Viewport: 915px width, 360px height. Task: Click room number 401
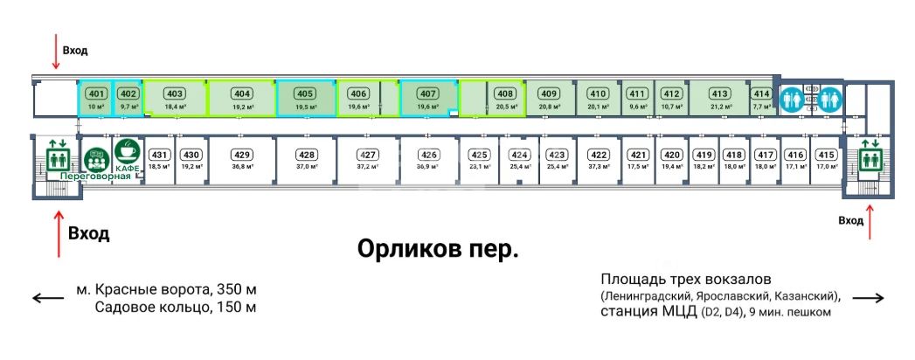(x=98, y=93)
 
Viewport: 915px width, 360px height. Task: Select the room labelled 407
(x=428, y=93)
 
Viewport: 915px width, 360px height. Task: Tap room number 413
(x=719, y=93)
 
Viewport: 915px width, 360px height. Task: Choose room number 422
(x=598, y=155)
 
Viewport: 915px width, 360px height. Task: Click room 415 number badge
(x=827, y=155)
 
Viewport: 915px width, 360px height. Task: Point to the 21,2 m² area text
(x=719, y=107)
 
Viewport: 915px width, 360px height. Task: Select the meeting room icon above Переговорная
(x=96, y=160)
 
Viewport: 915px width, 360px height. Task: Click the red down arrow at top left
(x=56, y=52)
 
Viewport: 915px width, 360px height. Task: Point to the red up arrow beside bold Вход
(x=59, y=234)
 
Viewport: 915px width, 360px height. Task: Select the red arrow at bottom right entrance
(x=870, y=222)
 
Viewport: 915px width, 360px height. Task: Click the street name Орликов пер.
(x=438, y=250)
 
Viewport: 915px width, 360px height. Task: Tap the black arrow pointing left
(x=48, y=298)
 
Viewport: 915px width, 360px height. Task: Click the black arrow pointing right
(x=869, y=298)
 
